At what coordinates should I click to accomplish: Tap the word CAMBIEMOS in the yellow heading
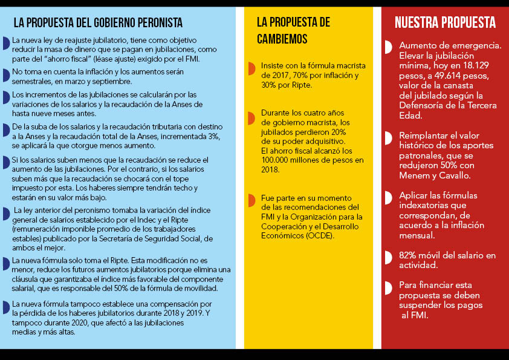[x=282, y=39]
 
